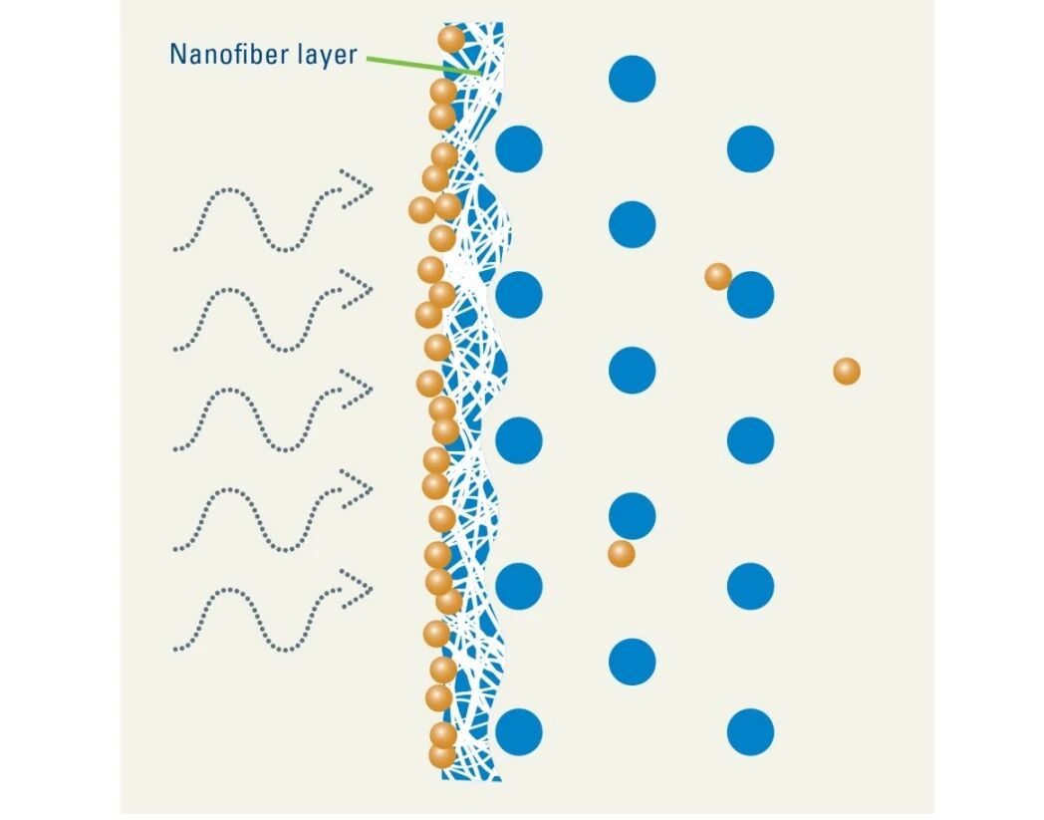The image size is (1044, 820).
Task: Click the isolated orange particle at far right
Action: point(846,372)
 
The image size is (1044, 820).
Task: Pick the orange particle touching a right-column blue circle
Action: point(717,276)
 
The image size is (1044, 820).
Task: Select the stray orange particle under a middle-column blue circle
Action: point(621,553)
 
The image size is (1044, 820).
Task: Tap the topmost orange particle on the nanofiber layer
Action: point(451,39)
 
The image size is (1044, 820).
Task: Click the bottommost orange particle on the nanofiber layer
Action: point(442,755)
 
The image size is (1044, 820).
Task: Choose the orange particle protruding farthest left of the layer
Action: point(421,209)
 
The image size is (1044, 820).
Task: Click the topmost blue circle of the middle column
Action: point(632,79)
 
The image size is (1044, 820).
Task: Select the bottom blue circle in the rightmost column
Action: point(750,732)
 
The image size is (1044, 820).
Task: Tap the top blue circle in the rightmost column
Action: point(750,149)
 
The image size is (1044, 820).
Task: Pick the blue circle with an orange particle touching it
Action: point(750,295)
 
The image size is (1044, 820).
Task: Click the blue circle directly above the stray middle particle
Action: point(632,515)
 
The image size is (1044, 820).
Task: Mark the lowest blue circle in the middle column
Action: point(632,662)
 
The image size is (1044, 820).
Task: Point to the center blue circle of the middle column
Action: point(632,371)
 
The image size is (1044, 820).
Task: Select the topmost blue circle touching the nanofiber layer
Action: point(518,149)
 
